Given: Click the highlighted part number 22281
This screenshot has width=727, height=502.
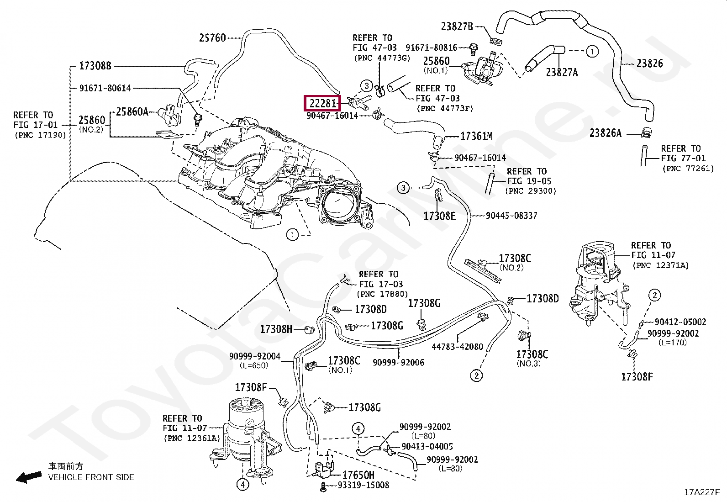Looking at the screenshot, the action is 322,103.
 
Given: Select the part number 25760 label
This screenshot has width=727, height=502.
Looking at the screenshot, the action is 212,38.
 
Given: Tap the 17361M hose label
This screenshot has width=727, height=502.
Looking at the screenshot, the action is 476,136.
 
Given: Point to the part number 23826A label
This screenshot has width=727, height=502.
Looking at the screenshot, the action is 605,133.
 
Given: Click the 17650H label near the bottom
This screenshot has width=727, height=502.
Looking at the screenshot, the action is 358,475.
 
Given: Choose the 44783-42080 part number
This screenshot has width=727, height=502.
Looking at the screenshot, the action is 457,347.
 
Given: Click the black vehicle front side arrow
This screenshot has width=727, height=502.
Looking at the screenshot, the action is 29,476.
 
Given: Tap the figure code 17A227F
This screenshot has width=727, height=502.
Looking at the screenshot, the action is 702,492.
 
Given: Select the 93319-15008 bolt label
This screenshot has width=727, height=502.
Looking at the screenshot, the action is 363,485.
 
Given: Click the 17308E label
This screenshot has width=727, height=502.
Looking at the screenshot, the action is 439,216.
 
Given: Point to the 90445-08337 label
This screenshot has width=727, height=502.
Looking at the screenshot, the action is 511,216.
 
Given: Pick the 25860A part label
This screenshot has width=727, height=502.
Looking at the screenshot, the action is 132,112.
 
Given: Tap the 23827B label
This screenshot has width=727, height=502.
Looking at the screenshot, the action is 457,26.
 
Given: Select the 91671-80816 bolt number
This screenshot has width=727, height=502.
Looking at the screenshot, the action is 432,48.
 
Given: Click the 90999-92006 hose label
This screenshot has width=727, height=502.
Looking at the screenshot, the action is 398,362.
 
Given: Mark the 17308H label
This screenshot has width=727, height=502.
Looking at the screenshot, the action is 276,329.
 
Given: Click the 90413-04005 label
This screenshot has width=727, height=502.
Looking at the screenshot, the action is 427,446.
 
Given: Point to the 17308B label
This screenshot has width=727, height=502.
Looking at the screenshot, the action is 95,66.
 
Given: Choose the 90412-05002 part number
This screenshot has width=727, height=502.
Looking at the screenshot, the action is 680,322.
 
